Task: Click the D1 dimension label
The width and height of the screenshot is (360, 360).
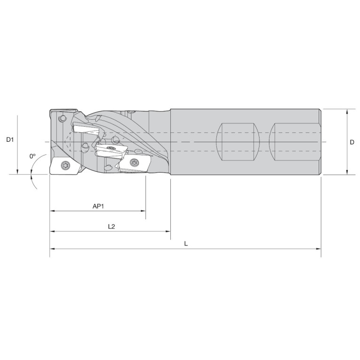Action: (10, 139)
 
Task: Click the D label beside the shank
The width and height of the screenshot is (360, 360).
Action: (352, 142)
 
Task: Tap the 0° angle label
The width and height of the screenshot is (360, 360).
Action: (32, 156)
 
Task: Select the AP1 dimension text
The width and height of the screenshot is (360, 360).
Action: (98, 206)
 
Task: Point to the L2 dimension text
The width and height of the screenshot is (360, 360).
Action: (111, 226)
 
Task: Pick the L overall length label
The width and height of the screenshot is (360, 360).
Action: (186, 244)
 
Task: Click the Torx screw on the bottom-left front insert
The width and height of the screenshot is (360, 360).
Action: (64, 165)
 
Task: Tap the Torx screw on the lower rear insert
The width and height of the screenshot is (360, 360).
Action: (134, 162)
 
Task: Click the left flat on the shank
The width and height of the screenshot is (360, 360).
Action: (238, 142)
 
